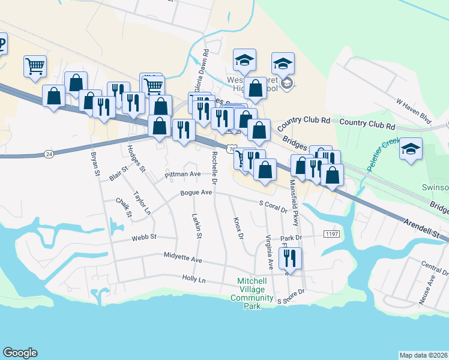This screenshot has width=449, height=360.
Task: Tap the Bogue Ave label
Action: click(x=197, y=193)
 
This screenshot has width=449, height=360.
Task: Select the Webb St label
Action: click(x=144, y=237)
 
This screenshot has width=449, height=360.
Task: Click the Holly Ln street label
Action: click(x=193, y=280)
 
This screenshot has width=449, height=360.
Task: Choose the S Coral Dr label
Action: click(x=274, y=205)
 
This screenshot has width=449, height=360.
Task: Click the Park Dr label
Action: click(x=289, y=238)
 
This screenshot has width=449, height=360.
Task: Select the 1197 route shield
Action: click(x=331, y=233)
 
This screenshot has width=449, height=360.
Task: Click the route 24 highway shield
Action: click(x=49, y=154)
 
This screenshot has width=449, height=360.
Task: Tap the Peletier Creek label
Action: click(x=379, y=155)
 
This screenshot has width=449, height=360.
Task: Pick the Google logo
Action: click(x=20, y=353)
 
